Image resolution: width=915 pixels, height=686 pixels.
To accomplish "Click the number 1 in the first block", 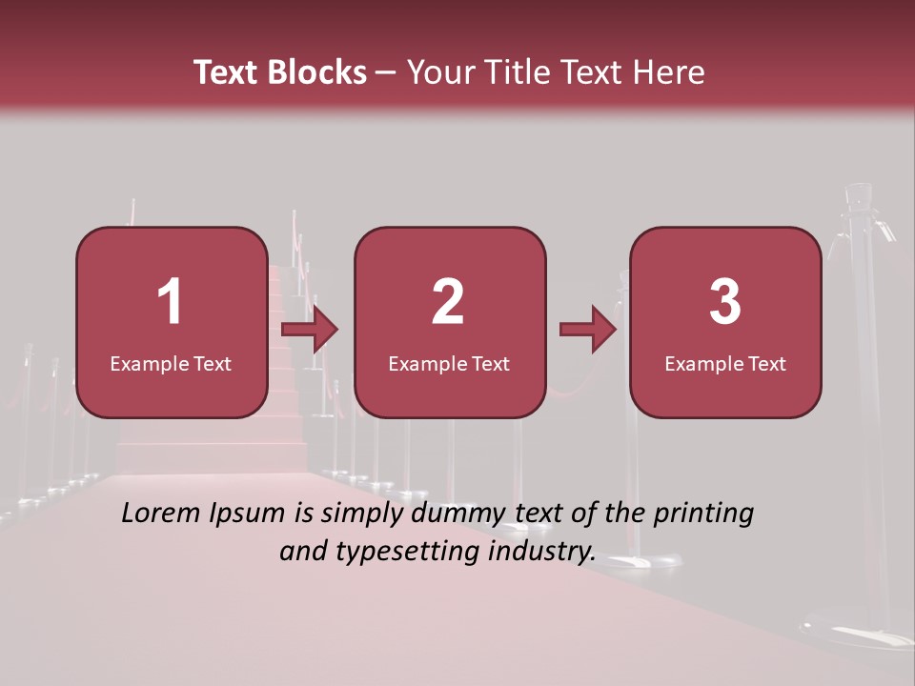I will point(171,302).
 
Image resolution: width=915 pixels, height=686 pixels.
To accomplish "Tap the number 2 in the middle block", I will point(448,302).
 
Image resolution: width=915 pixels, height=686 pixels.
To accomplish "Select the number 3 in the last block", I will point(725,302).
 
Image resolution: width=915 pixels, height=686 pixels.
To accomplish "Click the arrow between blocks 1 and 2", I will point(311,330).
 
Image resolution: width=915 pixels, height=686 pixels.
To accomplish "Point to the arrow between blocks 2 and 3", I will point(588,330).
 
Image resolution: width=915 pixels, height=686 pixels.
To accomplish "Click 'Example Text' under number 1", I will point(171,363).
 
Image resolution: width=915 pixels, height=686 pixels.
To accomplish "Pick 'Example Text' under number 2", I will point(449,363).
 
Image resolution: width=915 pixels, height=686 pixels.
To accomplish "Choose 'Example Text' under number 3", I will point(725,363).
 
